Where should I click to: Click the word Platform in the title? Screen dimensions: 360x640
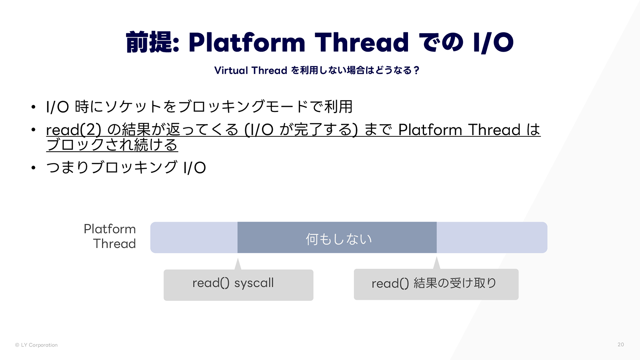click(x=246, y=42)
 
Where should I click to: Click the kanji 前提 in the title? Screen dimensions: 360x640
click(x=149, y=42)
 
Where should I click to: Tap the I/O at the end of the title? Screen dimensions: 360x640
click(x=493, y=42)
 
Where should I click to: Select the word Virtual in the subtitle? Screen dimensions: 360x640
click(x=231, y=70)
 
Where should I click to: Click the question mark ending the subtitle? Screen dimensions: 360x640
click(x=416, y=70)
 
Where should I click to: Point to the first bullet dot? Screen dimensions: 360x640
click(x=34, y=107)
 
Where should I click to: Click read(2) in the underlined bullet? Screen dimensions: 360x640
click(x=74, y=130)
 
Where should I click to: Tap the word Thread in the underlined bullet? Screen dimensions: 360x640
click(x=494, y=130)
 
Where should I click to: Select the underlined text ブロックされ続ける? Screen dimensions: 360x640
click(x=112, y=145)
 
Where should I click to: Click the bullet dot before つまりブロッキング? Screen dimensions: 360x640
click(x=34, y=168)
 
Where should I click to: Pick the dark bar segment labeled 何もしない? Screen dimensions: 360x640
click(x=337, y=238)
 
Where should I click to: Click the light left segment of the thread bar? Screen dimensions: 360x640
click(x=194, y=238)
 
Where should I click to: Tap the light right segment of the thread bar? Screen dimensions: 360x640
click(x=492, y=238)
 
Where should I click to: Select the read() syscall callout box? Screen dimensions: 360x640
click(x=238, y=285)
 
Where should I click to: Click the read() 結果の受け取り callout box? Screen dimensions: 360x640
click(x=436, y=284)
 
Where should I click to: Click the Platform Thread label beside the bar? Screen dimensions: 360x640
click(x=110, y=236)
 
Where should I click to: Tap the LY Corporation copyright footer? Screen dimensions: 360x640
click(x=36, y=345)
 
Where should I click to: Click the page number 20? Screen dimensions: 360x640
click(x=620, y=344)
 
